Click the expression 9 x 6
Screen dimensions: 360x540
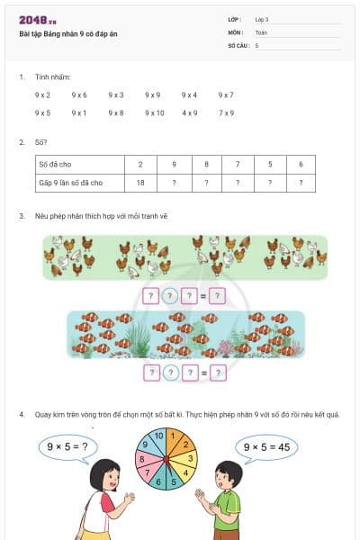(79, 94)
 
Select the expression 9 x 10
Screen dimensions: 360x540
(154, 113)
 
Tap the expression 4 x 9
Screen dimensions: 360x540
(189, 113)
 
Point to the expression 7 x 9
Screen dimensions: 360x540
(226, 113)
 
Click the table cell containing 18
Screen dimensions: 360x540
(140, 183)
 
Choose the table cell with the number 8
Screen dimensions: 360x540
(206, 165)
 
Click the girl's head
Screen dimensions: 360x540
(105, 474)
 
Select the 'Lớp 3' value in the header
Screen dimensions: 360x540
(262, 19)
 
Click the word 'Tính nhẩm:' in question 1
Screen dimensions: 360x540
(52, 77)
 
